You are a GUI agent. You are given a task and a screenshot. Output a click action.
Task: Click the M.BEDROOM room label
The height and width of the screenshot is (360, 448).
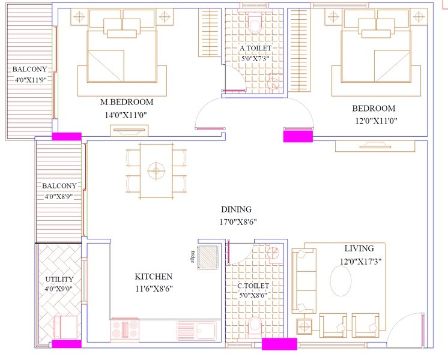point(127,101)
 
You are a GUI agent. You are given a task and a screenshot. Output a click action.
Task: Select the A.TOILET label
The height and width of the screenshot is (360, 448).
point(255,47)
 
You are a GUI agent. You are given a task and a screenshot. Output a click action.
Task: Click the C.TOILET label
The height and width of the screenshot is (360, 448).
point(253,286)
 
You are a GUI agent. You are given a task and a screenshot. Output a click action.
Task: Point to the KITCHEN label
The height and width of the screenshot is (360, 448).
point(153,277)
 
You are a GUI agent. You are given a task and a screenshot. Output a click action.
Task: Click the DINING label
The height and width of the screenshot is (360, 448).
point(236,209)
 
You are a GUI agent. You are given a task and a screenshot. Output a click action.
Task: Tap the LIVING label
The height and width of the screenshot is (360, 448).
point(359,248)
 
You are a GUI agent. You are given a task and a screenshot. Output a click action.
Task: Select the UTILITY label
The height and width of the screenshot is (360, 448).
point(59,280)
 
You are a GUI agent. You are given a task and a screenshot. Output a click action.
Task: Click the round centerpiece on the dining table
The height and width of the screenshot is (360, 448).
point(156,170)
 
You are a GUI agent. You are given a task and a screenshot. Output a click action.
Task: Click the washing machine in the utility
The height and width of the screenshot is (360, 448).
point(65,328)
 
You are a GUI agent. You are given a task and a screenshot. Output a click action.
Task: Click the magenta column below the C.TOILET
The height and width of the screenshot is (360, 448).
point(279,344)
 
